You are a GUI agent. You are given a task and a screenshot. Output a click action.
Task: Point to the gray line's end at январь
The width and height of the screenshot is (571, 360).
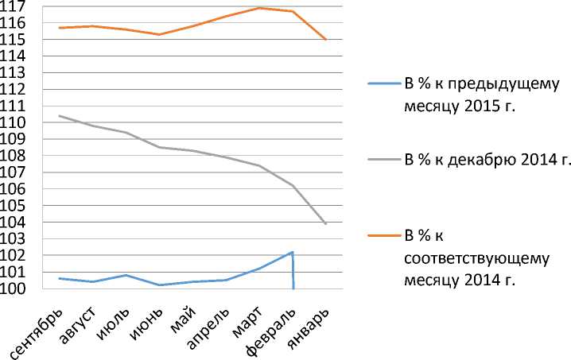click(x=326, y=224)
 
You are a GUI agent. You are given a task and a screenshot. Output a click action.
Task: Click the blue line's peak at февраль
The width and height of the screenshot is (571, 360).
click(x=293, y=252)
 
